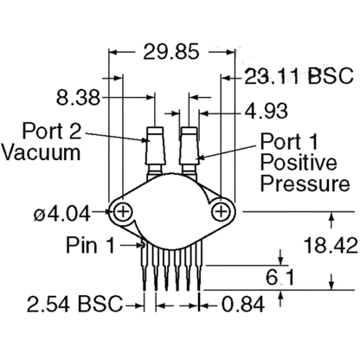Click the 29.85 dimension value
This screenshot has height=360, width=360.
[171, 52]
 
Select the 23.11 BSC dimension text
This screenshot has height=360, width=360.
[299, 76]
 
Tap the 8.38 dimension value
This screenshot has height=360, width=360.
[78, 97]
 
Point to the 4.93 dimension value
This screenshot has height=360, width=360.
[266, 111]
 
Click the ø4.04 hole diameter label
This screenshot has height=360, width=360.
[62, 214]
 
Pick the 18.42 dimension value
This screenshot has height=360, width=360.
[331, 245]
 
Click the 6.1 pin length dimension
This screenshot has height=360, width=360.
[280, 278]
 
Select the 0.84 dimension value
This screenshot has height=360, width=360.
[243, 304]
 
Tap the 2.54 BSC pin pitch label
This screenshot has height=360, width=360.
[74, 304]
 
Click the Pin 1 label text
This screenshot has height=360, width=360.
[91, 245]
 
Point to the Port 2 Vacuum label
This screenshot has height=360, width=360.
[42, 141]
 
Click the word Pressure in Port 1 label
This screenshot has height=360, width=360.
[305, 183]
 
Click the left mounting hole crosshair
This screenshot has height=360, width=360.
[123, 212]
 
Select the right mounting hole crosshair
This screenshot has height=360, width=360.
[222, 212]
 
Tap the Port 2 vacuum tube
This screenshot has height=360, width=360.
[156, 150]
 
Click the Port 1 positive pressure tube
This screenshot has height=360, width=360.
[190, 150]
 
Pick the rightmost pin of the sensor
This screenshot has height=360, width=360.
[200, 266]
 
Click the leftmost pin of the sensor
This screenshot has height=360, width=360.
[145, 266]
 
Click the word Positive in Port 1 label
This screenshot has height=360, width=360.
[299, 162]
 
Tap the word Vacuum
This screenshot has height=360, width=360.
[41, 152]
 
